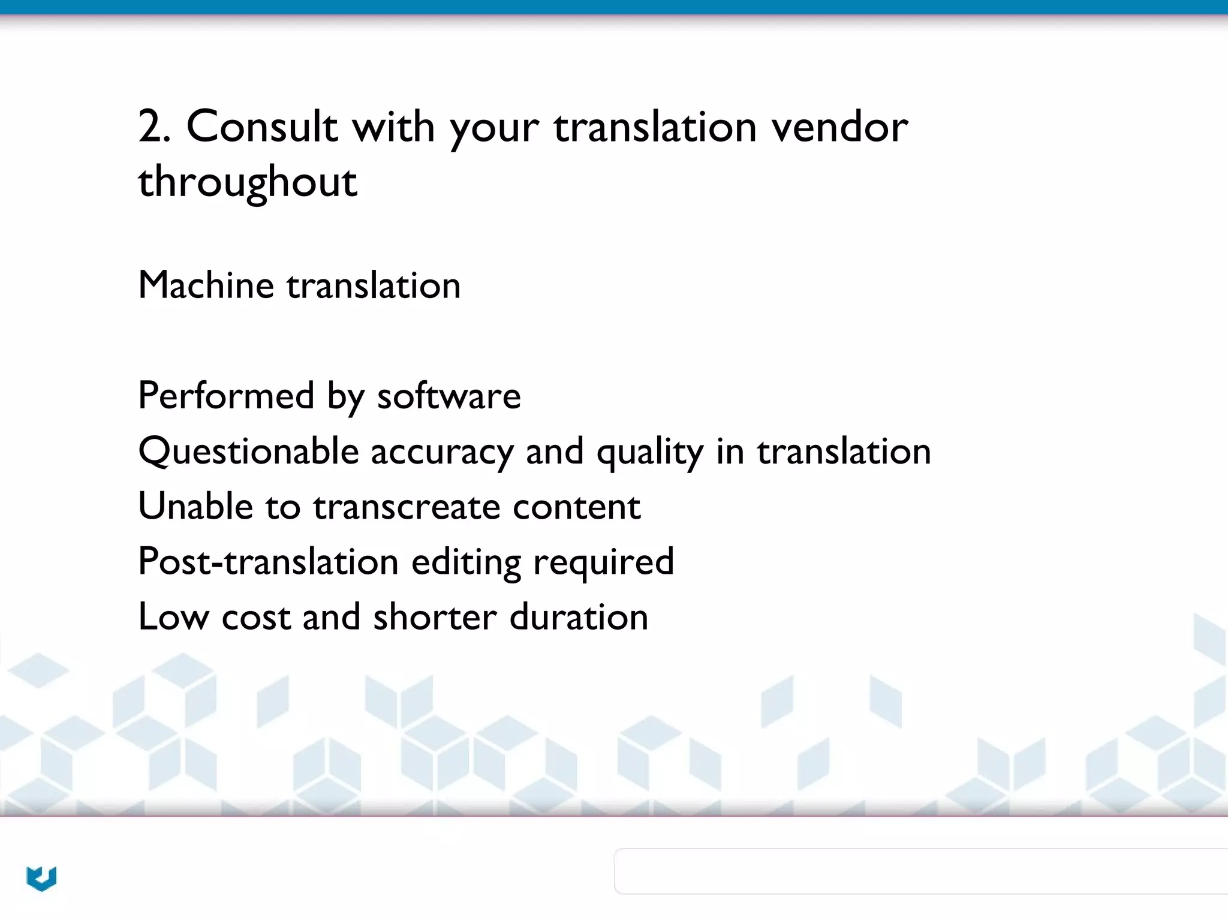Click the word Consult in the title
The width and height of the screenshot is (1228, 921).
coord(261,127)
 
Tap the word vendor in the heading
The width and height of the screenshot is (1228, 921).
coord(839,127)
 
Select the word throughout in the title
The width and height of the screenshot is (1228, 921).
coord(248,182)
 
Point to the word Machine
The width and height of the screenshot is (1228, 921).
coord(206,285)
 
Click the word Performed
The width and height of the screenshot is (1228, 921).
coord(226,396)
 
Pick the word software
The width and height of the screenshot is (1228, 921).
coord(449,396)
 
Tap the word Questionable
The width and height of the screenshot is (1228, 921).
coord(248,451)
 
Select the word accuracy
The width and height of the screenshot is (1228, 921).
coord(441,451)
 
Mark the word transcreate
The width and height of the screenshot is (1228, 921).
coord(407,506)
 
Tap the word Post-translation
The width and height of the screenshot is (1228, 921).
coord(268,562)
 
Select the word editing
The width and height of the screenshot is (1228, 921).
coord(466,562)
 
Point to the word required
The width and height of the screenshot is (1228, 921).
coord(603,562)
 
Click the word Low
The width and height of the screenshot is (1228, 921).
coord(173,617)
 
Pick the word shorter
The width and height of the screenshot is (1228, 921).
coord(435,617)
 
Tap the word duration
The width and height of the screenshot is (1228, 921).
coord(579,617)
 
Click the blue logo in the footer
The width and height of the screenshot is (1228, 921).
coord(41,878)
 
